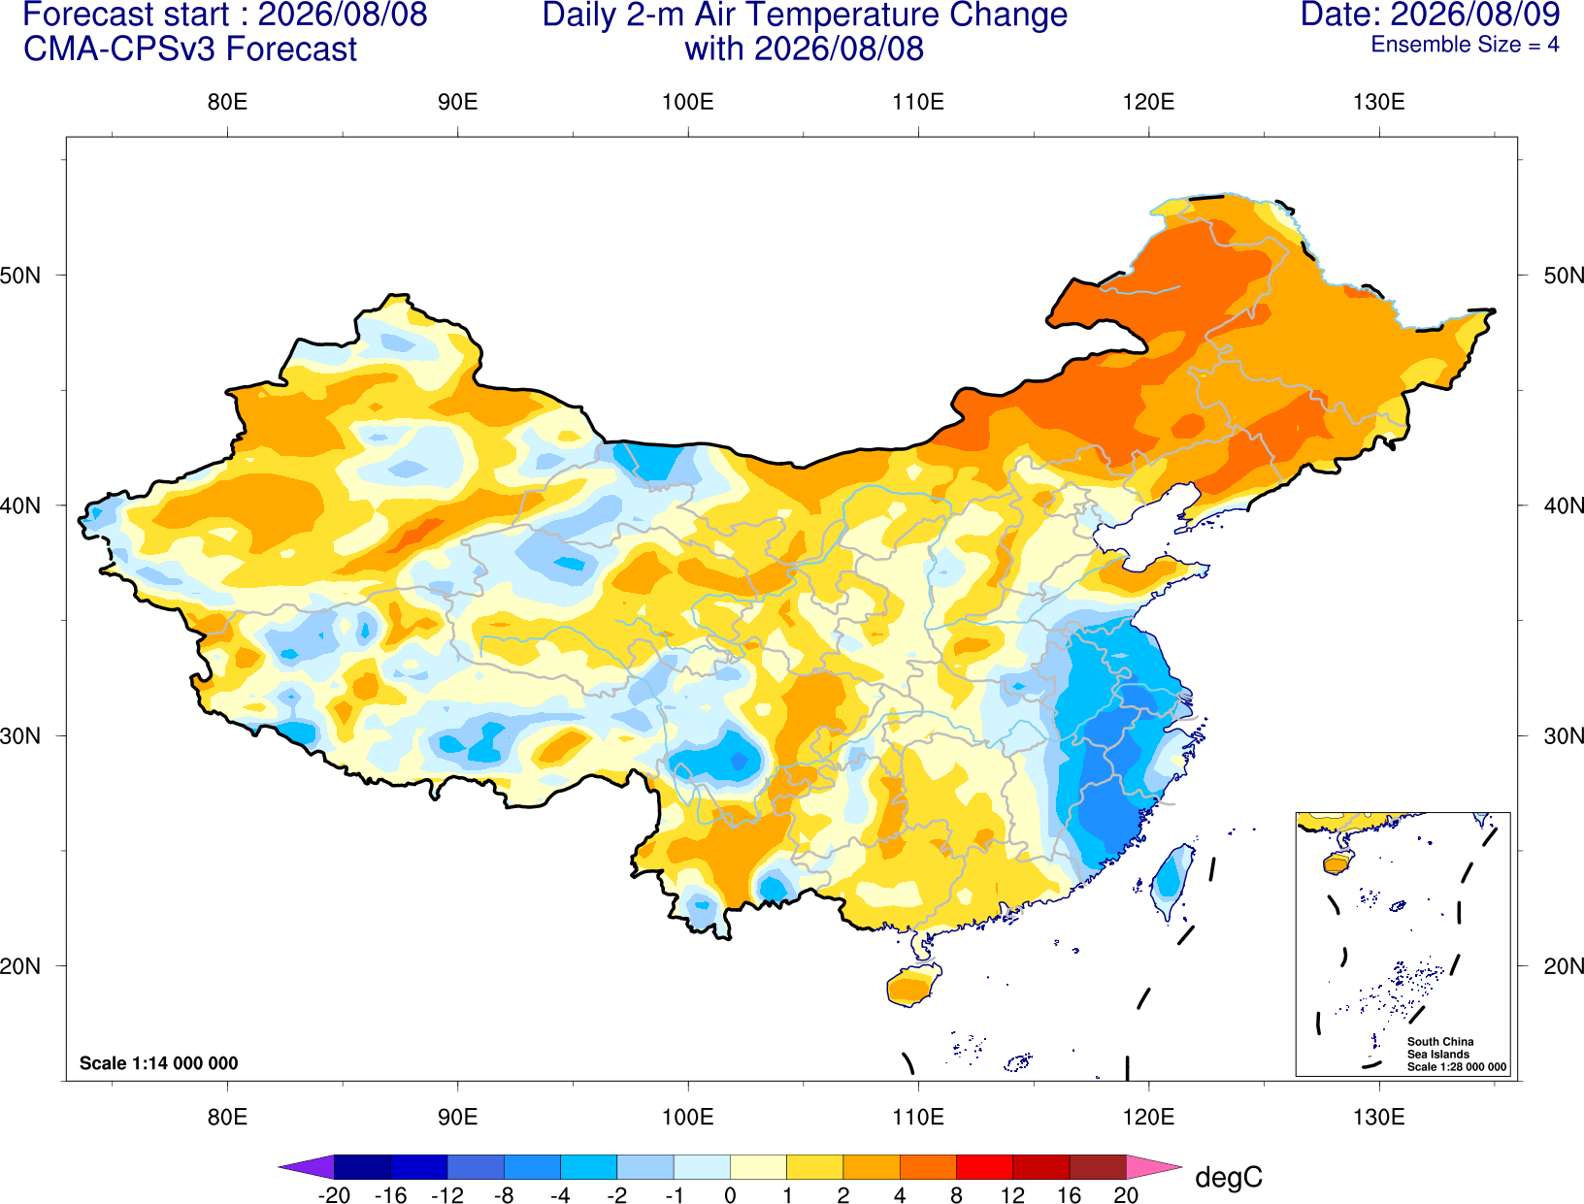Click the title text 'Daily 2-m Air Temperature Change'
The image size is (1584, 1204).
pos(805,16)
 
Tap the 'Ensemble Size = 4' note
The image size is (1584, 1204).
pos(1465,45)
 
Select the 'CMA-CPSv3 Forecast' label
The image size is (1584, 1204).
pos(190,49)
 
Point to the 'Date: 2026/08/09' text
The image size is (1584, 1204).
pos(1431,15)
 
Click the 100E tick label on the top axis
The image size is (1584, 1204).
pos(688,102)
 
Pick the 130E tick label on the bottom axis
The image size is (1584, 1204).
pos(1379,1118)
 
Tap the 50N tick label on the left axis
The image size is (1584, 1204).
pos(20,276)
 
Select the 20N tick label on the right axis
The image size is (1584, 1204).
pos(1563,966)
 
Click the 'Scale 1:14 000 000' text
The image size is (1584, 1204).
pos(159,1063)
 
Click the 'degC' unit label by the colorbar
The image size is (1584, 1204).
pos(1229,1178)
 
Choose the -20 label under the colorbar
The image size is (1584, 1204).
pos(334,1195)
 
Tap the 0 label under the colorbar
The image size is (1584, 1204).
pos(730,1195)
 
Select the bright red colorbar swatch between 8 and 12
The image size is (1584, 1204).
pos(984,1166)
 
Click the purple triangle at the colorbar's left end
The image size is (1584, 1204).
pos(307,1166)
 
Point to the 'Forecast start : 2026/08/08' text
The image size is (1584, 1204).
pos(225,16)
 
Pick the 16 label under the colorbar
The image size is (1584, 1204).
pos(1070,1195)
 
